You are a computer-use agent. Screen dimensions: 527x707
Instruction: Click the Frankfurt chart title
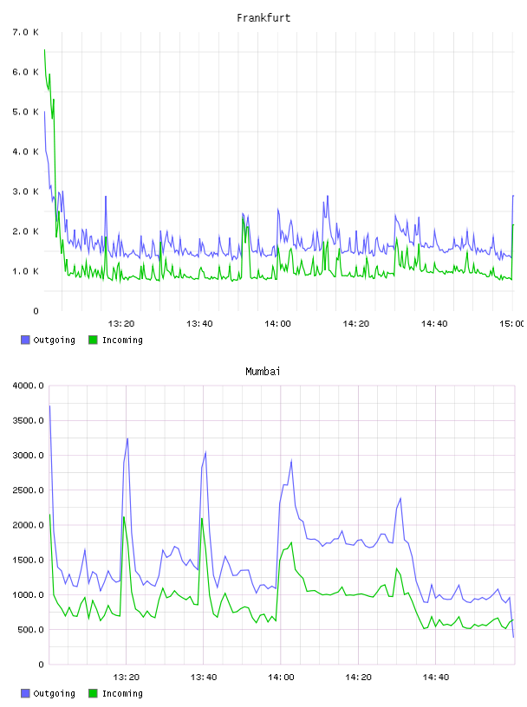(x=263, y=18)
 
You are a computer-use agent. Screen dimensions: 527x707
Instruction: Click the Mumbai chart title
(x=263, y=372)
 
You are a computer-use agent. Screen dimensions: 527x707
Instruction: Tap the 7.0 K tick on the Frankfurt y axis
(x=26, y=32)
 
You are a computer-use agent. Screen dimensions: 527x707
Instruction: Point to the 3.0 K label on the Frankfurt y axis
(x=26, y=191)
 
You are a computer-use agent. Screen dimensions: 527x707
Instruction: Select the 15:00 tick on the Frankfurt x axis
(x=512, y=324)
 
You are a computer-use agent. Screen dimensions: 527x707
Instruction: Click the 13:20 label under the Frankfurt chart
(x=121, y=324)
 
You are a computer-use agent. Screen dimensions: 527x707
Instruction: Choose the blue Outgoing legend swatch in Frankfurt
(x=25, y=340)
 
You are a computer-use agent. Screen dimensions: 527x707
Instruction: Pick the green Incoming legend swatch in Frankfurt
(x=93, y=340)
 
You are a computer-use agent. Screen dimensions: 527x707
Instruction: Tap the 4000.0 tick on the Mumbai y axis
(x=28, y=386)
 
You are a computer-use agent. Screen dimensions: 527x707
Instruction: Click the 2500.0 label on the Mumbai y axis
(x=28, y=490)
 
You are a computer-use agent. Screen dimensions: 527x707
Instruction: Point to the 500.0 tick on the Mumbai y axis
(x=30, y=629)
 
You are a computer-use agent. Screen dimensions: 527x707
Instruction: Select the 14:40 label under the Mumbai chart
(x=436, y=678)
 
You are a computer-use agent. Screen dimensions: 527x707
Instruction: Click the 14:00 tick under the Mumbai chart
(x=281, y=678)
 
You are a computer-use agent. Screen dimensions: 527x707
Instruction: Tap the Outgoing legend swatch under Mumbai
(x=25, y=693)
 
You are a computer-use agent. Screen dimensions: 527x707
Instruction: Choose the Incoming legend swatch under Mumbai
(x=93, y=693)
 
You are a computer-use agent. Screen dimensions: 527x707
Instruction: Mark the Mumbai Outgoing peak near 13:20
(x=127, y=438)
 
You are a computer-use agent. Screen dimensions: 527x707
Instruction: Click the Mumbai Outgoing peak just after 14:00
(x=291, y=461)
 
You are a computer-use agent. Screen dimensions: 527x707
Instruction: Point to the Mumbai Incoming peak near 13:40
(x=202, y=518)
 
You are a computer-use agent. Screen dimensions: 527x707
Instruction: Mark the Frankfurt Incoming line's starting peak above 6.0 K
(x=44, y=49)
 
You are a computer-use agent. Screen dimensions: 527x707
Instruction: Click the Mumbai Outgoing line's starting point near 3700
(x=49, y=405)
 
